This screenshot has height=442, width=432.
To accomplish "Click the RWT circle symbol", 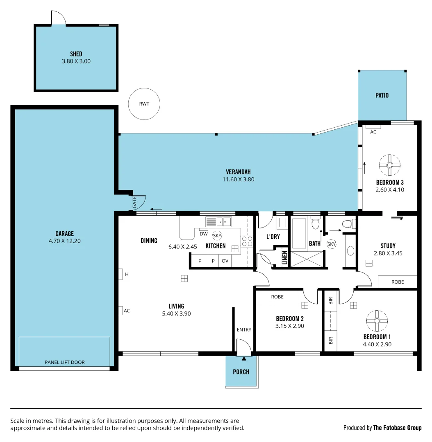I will pos(144,104).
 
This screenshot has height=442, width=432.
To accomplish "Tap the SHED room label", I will pos(76,54).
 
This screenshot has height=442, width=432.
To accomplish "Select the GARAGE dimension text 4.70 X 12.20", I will pos(64,241).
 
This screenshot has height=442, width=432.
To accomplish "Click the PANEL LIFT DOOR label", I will pos(64,362).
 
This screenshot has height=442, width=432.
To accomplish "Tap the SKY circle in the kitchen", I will pos(217,235).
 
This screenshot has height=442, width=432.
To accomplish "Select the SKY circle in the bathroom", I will pos(332,244).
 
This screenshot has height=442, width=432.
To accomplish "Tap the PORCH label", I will pos(241,372).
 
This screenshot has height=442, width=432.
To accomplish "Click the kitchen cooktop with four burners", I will pos(246,241).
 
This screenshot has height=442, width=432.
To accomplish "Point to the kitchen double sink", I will pos(218,222).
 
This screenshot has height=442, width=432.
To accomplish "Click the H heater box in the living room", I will pos(121,274).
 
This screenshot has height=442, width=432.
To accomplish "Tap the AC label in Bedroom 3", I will pos(373,132).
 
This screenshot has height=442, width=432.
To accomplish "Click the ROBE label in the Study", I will pos(397,282).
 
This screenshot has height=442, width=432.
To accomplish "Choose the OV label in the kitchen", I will pos(225,261).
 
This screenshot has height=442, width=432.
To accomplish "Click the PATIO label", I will pos(382,95).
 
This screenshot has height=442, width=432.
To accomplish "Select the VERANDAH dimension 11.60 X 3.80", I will pos(238,179).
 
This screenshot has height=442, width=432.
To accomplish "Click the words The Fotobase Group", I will pos(397,428).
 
